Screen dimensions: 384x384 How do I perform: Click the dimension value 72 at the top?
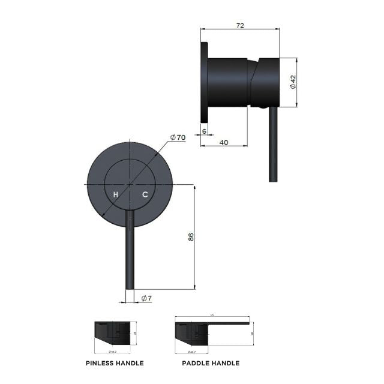tap(240, 26)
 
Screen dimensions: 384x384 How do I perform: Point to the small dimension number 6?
tap(204, 130)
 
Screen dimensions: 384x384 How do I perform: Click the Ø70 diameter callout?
tap(178, 137)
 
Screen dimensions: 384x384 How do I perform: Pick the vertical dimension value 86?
tap(191, 236)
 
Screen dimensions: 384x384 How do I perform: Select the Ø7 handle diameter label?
tap(145, 298)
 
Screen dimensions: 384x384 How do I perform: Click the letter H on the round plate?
tap(116, 194)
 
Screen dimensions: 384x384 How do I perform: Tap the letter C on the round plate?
tap(145, 194)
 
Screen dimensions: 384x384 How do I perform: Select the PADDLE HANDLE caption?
tap(211, 363)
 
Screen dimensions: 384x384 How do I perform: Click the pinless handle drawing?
tap(111, 333)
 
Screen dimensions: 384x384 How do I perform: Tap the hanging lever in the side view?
tap(271, 144)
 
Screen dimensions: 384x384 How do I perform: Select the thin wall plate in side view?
tap(204, 81)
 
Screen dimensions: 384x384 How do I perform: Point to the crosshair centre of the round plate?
tap(130, 182)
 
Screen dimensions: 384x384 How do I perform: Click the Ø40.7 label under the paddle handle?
tap(192, 351)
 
